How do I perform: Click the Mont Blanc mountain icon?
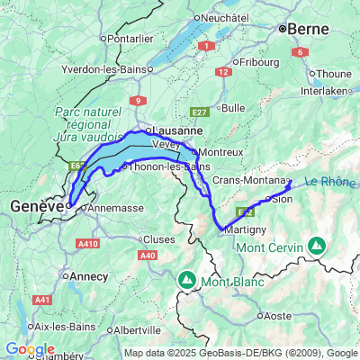(186, 279)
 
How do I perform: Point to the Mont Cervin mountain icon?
(317, 244)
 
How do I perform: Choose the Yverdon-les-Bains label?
(103, 69)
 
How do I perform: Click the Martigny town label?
(242, 230)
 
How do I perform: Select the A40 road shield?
(148, 256)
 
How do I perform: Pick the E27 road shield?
(199, 112)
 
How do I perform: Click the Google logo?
(30, 349)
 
